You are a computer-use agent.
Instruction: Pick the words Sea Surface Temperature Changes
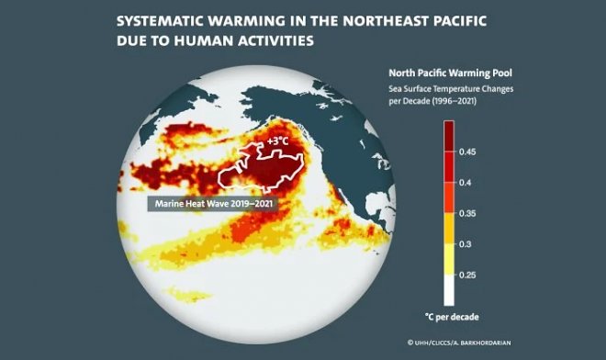(446, 87)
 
